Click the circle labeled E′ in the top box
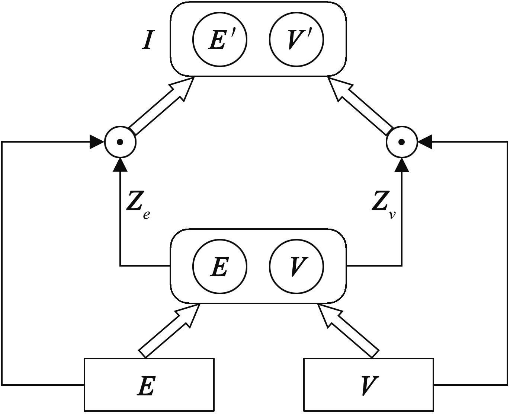219,39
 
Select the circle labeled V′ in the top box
296,39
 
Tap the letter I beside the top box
148,40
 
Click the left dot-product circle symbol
120,142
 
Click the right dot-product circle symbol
402,142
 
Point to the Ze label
138,205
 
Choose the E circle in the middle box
219,266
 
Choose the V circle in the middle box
296,266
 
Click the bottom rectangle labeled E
149,385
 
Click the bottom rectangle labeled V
369,385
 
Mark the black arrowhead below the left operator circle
120,165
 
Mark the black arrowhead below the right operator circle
402,165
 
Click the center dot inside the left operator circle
120,142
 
